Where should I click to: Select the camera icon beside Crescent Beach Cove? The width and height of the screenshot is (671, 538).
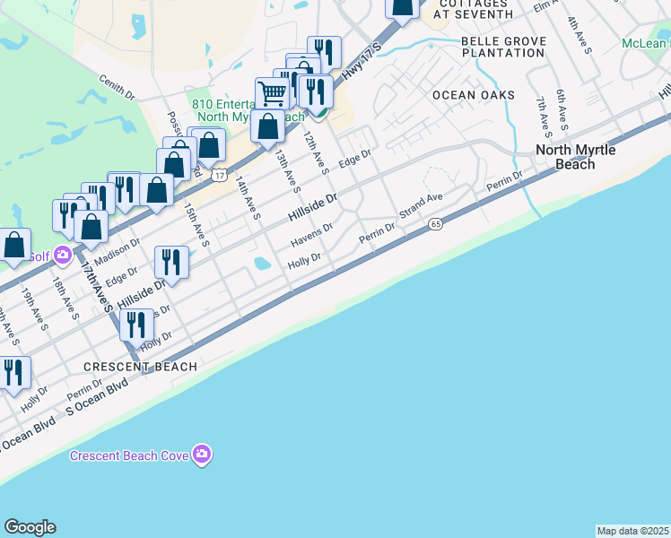point(203,455)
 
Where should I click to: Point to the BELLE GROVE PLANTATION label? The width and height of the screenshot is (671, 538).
point(502,47)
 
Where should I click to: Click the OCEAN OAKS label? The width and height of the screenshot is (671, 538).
point(474,95)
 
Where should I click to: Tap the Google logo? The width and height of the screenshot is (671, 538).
point(30,527)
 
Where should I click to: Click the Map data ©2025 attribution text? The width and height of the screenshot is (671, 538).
point(632,531)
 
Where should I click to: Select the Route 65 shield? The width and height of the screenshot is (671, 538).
point(436,223)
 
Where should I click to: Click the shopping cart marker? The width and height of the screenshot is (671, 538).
point(271,91)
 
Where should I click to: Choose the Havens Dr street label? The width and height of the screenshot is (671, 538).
point(312,236)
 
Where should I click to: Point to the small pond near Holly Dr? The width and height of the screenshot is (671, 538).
point(261,265)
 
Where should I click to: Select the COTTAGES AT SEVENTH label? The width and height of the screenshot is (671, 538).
point(462,9)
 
